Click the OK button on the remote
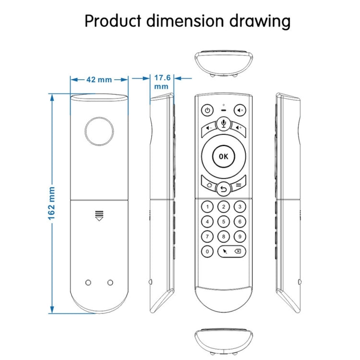[223, 156]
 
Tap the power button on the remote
[206, 110]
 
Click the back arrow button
[223, 189]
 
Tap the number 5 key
[223, 221]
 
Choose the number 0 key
[207, 251]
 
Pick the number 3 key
[239, 207]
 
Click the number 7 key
[207, 236]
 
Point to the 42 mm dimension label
[99, 79]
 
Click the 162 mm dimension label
[51, 204]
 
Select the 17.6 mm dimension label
[162, 81]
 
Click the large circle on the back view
[99, 130]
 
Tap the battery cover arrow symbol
[99, 216]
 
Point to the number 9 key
[239, 236]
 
